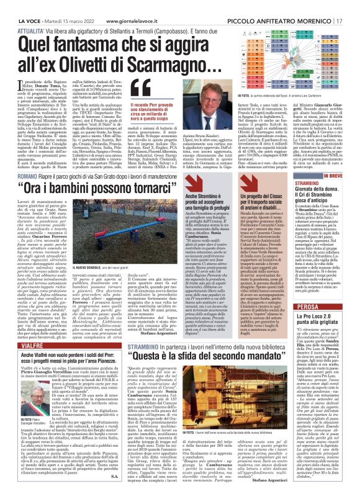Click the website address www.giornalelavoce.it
(118, 5)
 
